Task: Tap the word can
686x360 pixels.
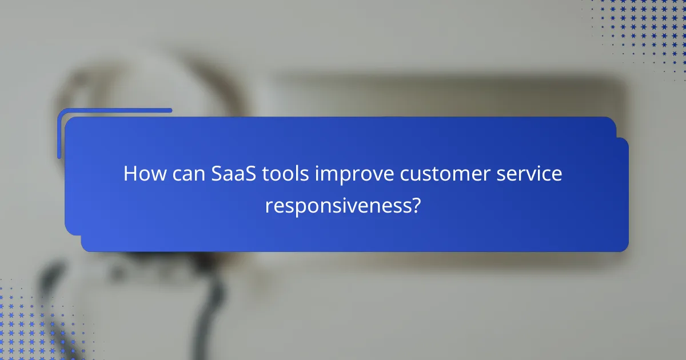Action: tap(186, 174)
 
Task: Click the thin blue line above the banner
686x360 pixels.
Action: tap(114, 110)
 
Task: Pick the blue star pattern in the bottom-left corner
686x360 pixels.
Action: tap(29, 326)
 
